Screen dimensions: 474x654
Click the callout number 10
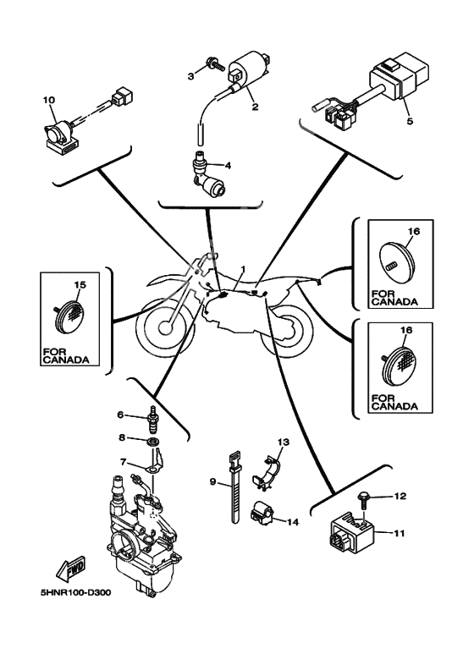(x=49, y=100)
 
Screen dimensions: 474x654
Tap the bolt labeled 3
(x=214, y=64)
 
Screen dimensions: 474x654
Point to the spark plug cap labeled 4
(x=207, y=174)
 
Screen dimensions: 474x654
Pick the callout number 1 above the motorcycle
(x=243, y=269)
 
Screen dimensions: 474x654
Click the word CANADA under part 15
(x=66, y=360)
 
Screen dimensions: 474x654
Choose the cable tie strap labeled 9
(x=235, y=486)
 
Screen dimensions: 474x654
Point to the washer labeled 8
(x=154, y=442)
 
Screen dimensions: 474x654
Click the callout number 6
(x=120, y=415)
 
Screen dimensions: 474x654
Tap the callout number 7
(x=123, y=462)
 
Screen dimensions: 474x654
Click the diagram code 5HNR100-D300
(x=75, y=592)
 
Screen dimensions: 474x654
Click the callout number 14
(x=293, y=522)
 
